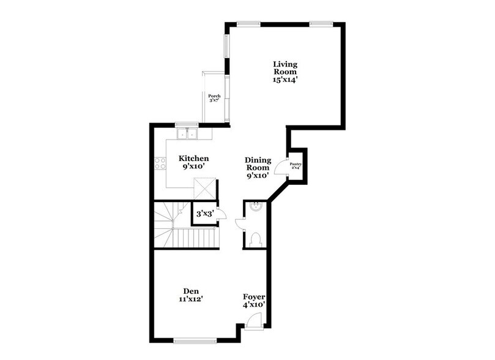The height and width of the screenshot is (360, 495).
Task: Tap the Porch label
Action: coord(214,96)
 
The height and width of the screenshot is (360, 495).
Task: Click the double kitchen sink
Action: coord(186,133)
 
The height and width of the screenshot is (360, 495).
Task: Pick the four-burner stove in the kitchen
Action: coord(160,163)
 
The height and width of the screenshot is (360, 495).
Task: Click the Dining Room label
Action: coord(258,163)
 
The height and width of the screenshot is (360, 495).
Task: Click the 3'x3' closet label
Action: coord(204,215)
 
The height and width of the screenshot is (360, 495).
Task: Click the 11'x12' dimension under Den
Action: coord(190,299)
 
